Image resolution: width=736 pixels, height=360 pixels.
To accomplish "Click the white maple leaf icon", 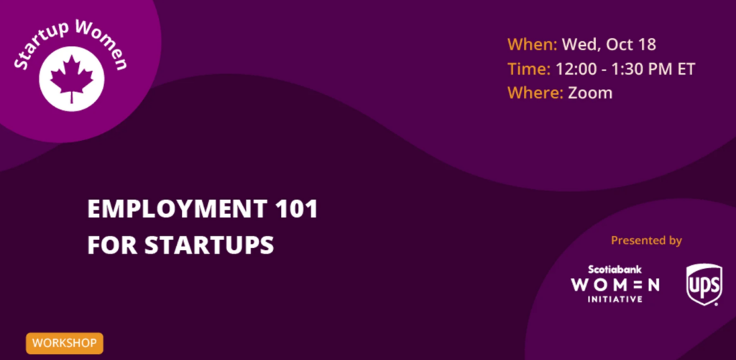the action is [x=72, y=79].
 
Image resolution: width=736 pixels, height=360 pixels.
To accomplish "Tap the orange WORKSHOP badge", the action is [x=64, y=343].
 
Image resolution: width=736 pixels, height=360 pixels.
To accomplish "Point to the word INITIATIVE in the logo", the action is [x=615, y=299].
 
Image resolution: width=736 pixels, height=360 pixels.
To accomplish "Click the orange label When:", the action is [x=533, y=45].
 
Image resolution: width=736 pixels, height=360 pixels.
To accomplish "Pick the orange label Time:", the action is [x=529, y=69].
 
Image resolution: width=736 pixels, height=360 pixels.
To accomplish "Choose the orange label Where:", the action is [x=535, y=93].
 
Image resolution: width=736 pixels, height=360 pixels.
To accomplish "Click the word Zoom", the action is [x=591, y=93].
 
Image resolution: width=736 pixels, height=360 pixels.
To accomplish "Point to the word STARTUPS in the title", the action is [x=209, y=245].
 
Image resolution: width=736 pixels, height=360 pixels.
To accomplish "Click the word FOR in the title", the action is [x=113, y=245].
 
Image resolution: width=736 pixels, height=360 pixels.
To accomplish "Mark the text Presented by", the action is [x=646, y=241].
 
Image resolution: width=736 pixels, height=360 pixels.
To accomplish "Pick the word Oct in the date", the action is [x=617, y=45].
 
